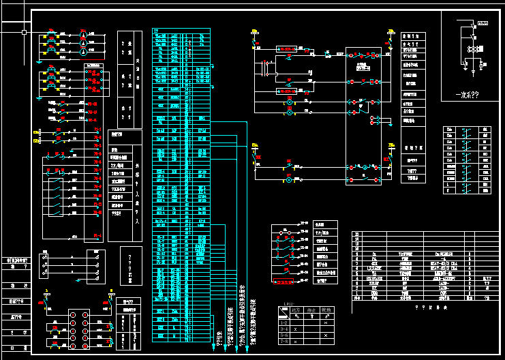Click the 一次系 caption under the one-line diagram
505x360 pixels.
click(x=465, y=96)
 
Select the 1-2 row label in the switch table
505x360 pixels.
click(x=284, y=320)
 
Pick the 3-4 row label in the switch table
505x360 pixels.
click(x=284, y=328)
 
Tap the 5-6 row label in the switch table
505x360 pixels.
click(x=284, y=335)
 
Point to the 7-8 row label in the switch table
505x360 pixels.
click(x=284, y=342)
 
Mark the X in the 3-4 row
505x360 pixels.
click(x=297, y=328)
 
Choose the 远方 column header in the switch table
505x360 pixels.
click(x=297, y=310)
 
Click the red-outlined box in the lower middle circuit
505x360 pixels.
click(x=284, y=282)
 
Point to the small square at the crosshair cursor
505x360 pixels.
click(x=24, y=32)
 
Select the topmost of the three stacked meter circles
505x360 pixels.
click(x=83, y=33)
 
